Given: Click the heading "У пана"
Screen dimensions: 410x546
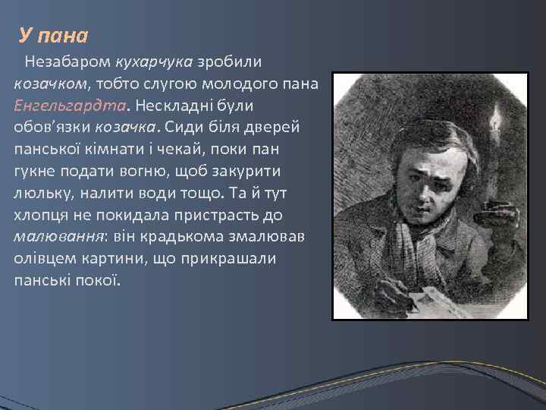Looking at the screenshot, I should tap(54, 36).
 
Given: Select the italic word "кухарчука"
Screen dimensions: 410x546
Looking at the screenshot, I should tap(155, 60).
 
